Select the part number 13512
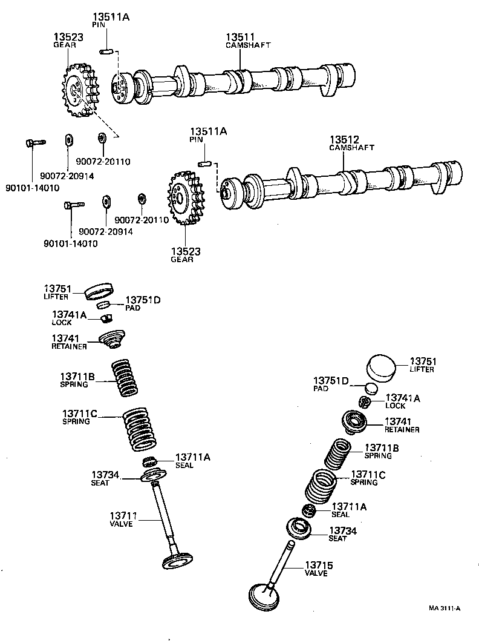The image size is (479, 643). [x=344, y=139]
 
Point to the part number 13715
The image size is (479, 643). [x=319, y=564]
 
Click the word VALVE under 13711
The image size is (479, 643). [x=121, y=524]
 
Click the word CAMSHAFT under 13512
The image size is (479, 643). [x=351, y=148]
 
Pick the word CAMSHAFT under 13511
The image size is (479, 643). [x=248, y=45]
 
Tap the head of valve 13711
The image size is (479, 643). [x=180, y=561]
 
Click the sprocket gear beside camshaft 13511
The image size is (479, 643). [x=77, y=92]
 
